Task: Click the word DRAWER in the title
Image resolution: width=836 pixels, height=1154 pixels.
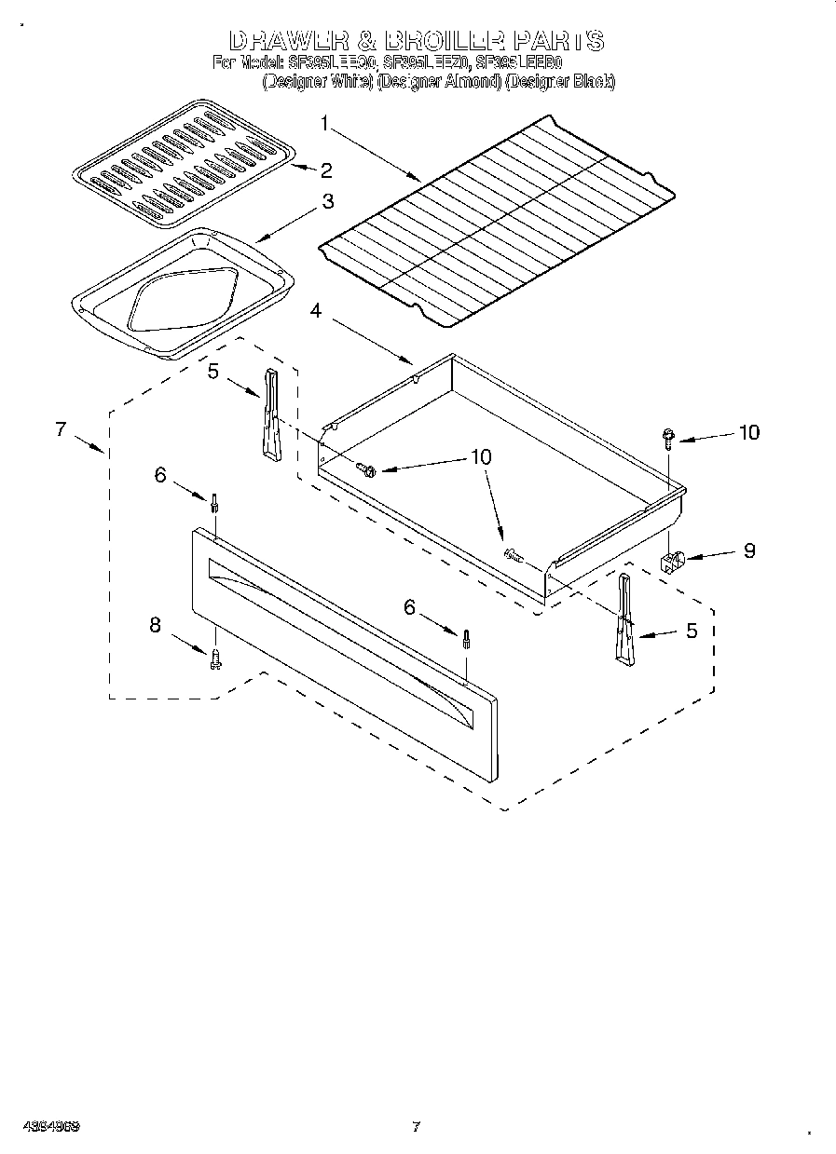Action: coord(288,41)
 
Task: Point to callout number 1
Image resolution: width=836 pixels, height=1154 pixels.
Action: coord(324,122)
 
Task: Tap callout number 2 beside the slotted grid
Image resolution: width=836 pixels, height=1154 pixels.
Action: coord(326,170)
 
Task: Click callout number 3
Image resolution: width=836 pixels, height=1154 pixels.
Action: coord(328,201)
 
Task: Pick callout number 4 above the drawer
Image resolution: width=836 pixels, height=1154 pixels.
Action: coord(317,312)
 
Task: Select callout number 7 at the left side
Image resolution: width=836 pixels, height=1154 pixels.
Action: coord(61,428)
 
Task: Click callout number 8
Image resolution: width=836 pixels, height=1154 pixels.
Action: coord(156,625)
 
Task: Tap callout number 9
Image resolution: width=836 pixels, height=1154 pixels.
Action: coord(748,550)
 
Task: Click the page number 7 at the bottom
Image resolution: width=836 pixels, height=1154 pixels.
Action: coord(416,1126)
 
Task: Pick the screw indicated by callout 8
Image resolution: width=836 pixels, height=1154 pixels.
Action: coord(216,659)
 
